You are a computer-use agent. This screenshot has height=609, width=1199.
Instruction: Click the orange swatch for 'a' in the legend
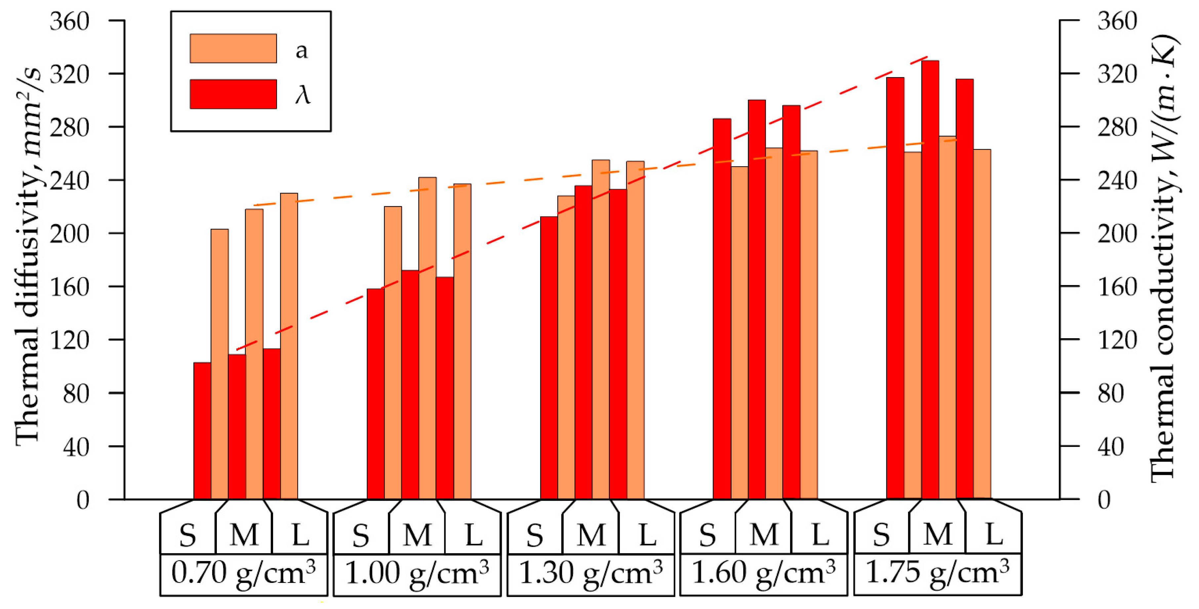pyautogui.click(x=233, y=48)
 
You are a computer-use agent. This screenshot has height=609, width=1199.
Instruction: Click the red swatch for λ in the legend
pyautogui.click(x=233, y=94)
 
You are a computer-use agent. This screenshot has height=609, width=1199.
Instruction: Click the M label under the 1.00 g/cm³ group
pyautogui.click(x=417, y=535)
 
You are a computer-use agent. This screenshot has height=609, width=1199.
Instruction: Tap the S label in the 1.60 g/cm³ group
pyautogui.click(x=707, y=535)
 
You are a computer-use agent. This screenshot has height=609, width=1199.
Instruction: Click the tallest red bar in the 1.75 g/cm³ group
pyautogui.click(x=930, y=279)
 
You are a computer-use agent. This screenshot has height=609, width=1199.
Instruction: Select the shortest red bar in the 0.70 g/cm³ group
pyautogui.click(x=202, y=431)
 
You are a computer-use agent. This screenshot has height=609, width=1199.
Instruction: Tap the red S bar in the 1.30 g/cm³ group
pyautogui.click(x=549, y=358)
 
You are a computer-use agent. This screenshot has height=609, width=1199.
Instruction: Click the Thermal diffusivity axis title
pyautogui.click(x=28, y=256)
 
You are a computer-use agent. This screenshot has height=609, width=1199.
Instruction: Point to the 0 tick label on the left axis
pyautogui.click(x=83, y=501)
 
